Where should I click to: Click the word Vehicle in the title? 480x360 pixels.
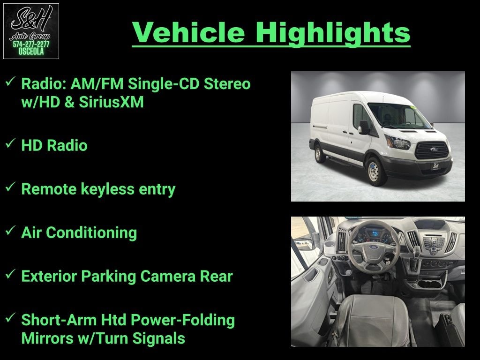188,32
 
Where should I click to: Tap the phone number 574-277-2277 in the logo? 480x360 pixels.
31,44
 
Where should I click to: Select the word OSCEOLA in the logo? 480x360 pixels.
31,52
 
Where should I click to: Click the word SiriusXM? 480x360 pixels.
111,102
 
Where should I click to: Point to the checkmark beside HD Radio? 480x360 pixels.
10,143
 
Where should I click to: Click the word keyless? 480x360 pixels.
107,189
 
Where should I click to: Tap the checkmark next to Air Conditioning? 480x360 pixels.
10,230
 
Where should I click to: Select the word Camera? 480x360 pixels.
168,276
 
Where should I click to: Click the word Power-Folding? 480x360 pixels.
183,320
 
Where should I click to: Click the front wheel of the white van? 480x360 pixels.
375,171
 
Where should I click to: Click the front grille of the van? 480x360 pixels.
432,150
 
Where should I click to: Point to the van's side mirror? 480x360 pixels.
363,127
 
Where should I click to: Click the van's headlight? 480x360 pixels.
398,142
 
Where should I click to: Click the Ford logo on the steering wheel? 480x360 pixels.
374,247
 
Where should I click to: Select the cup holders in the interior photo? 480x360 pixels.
432,283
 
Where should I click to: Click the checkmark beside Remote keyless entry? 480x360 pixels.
10,187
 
